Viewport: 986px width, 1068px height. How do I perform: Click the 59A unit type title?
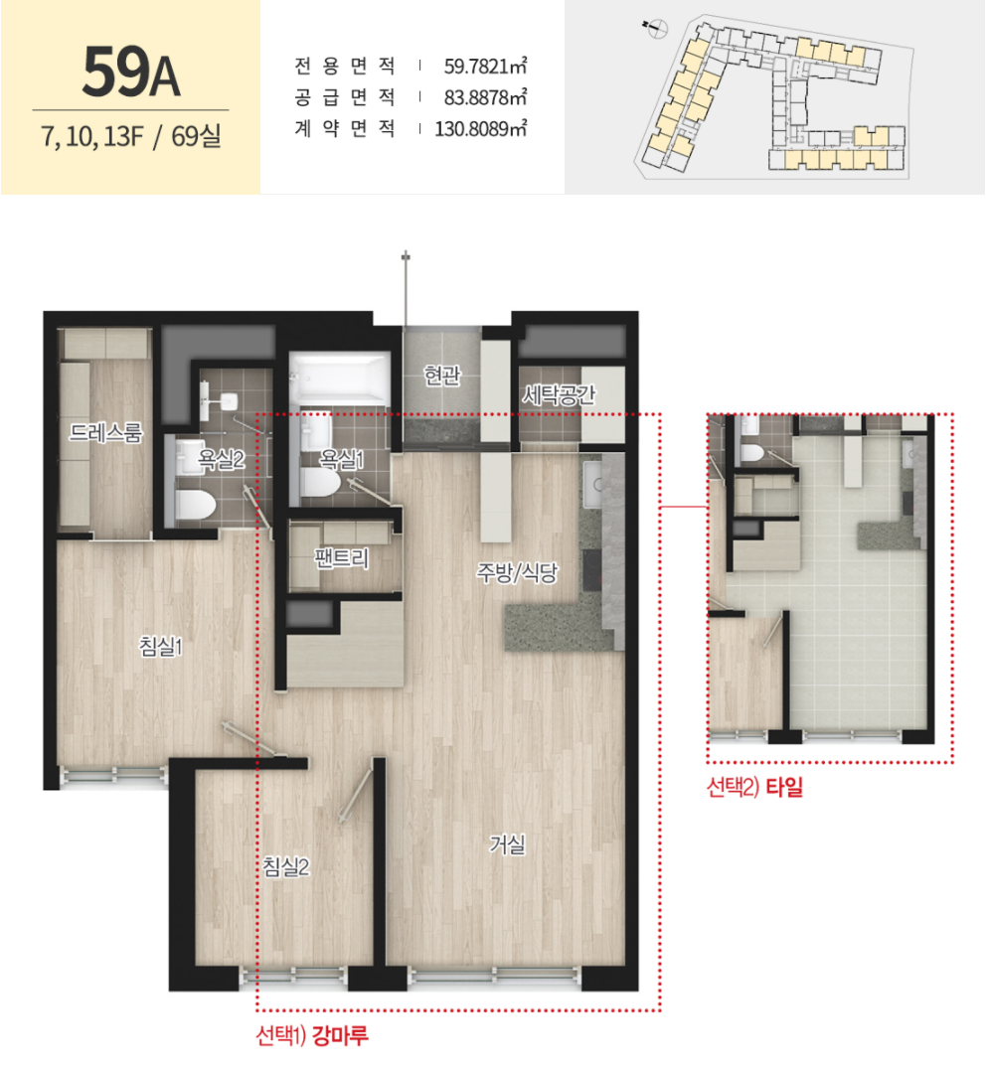[x=131, y=72]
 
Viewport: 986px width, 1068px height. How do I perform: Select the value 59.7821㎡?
[x=485, y=67]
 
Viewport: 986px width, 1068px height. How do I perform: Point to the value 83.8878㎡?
[x=485, y=97]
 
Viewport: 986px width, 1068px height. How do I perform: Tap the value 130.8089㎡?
[x=480, y=128]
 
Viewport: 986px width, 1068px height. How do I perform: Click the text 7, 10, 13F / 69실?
[x=131, y=135]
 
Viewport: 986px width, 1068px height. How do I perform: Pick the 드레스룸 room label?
[x=105, y=432]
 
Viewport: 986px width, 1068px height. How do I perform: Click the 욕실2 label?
[x=221, y=459]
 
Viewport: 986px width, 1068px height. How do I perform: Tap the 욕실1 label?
[x=341, y=459]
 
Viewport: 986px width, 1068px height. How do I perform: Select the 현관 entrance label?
[x=441, y=375]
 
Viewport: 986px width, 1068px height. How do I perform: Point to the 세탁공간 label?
[x=558, y=394]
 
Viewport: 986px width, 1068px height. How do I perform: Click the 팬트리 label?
[x=341, y=557]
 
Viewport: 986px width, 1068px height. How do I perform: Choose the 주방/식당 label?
[x=517, y=572]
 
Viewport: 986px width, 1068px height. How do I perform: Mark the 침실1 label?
[x=161, y=646]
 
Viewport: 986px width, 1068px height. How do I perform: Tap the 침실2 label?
[x=286, y=866]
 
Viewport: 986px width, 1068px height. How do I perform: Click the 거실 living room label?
[x=508, y=844]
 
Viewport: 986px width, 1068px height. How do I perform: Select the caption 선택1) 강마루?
[x=312, y=1035]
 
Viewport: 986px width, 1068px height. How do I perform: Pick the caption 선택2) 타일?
[x=754, y=787]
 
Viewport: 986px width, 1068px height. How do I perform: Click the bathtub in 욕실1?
[x=339, y=379]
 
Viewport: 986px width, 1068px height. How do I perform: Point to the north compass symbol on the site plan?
[x=656, y=29]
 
